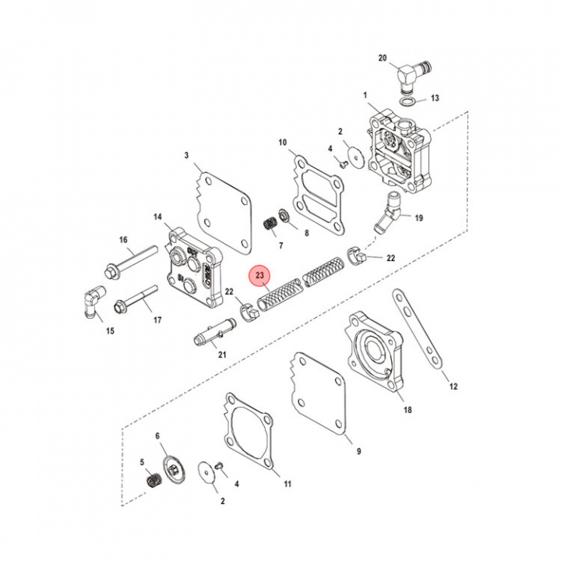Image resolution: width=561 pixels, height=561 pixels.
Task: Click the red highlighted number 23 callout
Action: point(260,275)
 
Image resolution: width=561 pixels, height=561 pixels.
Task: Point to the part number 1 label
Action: point(364,94)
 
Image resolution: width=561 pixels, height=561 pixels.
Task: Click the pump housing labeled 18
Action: point(377,351)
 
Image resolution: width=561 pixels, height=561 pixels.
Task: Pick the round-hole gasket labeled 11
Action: point(249,436)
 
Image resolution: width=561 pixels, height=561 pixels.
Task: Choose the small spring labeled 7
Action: point(270,222)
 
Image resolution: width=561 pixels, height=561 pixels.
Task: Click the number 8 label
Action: point(306,233)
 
